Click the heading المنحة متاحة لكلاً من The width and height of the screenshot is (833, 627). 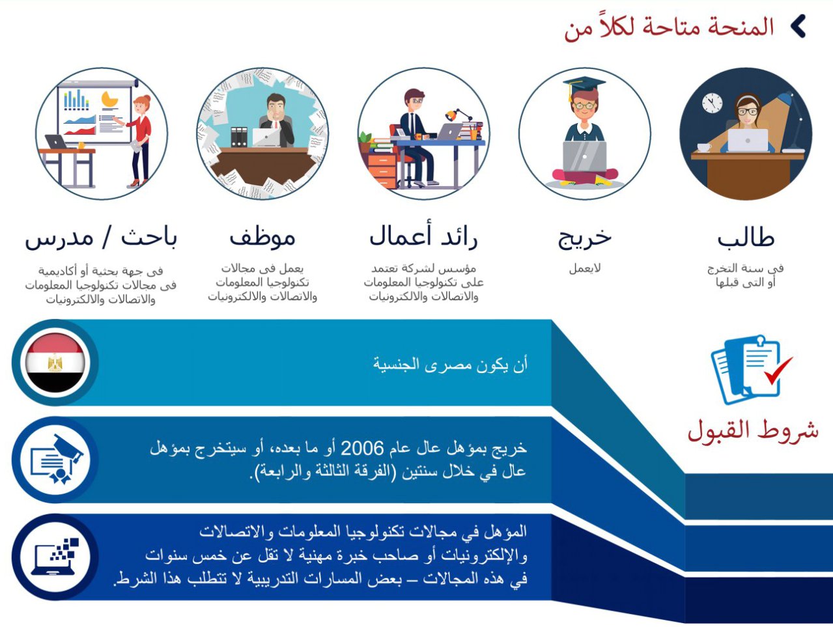tap(669, 28)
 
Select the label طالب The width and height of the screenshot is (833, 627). tap(746, 238)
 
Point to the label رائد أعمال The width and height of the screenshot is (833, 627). tap(423, 235)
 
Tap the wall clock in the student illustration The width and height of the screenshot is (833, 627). tap(712, 102)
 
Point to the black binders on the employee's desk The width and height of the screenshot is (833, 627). tap(239, 137)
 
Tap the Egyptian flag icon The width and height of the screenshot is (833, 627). tap(55, 363)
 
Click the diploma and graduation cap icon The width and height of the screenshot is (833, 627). tap(57, 459)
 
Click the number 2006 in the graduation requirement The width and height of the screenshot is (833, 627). tap(362, 449)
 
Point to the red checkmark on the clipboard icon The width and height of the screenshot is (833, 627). tap(778, 370)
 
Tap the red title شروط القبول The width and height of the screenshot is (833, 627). tap(753, 431)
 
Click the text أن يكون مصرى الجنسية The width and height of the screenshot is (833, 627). tap(451, 365)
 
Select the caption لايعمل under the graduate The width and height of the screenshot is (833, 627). tap(585, 268)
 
